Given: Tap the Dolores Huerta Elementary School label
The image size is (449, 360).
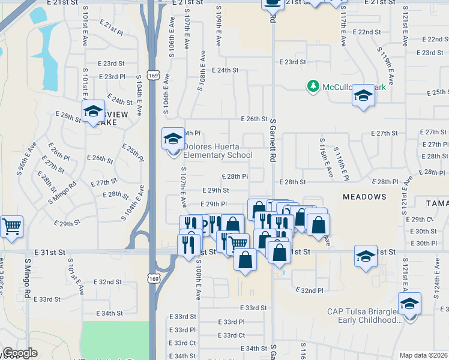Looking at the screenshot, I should (x=218, y=151).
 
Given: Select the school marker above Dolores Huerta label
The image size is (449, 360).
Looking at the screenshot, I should (x=173, y=139).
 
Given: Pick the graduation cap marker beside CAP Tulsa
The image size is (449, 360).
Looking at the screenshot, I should (x=410, y=304).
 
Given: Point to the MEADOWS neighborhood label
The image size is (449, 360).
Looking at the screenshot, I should (x=364, y=197).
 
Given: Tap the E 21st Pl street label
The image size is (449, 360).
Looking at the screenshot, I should (x=115, y=28).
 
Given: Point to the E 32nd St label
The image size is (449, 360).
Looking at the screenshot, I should (x=108, y=281).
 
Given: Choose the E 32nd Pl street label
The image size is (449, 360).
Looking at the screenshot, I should (x=309, y=290).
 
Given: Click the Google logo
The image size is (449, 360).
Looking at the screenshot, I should (x=20, y=353).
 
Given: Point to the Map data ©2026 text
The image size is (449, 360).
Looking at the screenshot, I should (x=423, y=355).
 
